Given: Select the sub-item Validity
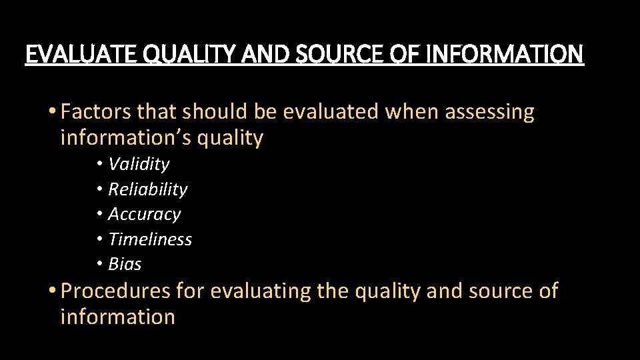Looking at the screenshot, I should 139,164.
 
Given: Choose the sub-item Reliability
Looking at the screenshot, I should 147,189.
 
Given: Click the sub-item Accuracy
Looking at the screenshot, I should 144,214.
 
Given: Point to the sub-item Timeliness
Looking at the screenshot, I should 150,239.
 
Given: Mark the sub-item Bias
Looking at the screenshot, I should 125,264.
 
